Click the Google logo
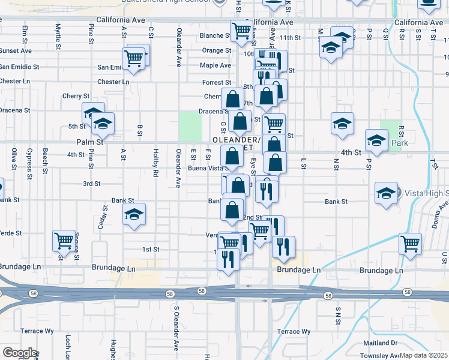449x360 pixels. [x=20, y=353]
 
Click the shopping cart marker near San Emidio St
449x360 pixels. [x=134, y=58]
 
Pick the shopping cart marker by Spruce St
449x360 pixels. [x=63, y=241]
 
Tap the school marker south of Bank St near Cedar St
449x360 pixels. [x=134, y=214]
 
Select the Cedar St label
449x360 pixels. [x=102, y=217]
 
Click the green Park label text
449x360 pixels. [x=400, y=143]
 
